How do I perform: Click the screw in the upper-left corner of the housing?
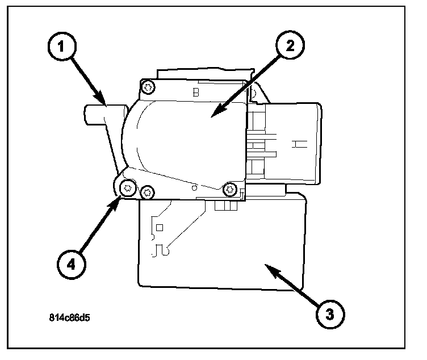[149, 87]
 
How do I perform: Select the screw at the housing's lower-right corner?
[231, 189]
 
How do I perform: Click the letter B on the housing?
[196, 93]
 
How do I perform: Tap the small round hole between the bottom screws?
[195, 186]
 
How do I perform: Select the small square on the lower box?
[160, 227]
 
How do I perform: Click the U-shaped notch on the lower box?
[161, 248]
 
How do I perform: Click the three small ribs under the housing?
[227, 206]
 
